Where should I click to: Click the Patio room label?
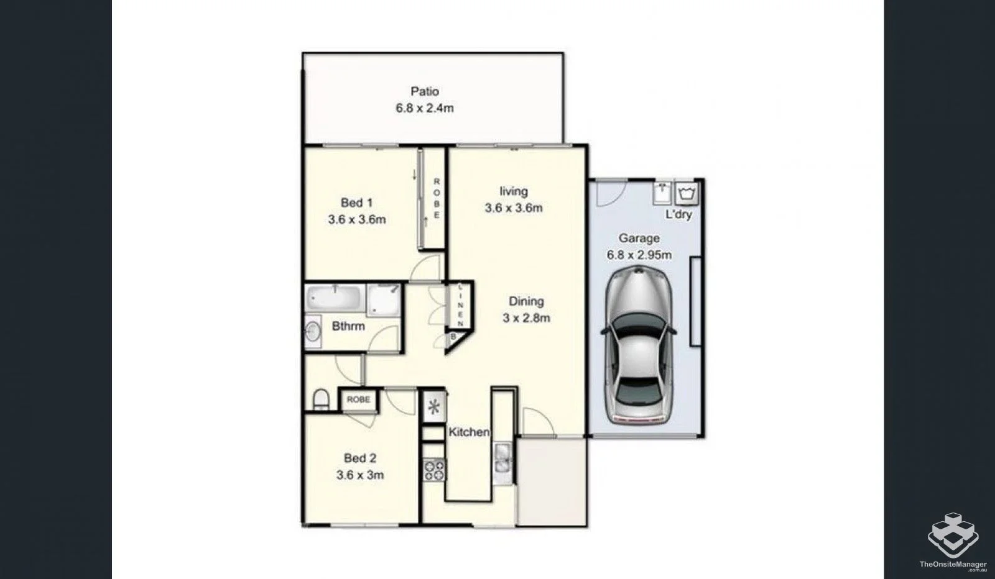[425, 91]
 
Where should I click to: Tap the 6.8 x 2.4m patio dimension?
[425, 108]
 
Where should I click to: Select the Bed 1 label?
[357, 203]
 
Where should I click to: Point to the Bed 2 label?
[360, 458]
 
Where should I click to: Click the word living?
[514, 191]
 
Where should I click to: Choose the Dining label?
[526, 301]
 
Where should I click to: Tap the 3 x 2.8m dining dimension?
[526, 318]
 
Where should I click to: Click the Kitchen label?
[469, 432]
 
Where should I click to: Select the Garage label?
[639, 238]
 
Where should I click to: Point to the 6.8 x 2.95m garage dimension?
[639, 255]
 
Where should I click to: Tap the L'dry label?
[678, 215]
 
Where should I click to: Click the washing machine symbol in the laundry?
[687, 193]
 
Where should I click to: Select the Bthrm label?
[348, 326]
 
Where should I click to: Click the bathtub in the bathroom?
[335, 298]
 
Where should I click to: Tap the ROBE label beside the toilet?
[358, 399]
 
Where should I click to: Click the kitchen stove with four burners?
[433, 469]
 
